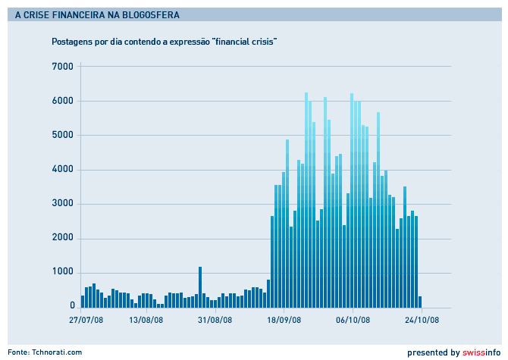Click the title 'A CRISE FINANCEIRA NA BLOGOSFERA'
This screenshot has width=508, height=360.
coord(98,14)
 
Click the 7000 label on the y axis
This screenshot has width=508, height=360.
coord(61,67)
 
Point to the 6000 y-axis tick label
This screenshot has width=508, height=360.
coord(61,101)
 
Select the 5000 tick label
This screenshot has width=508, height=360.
coord(61,135)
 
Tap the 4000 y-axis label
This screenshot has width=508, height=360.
coord(61,170)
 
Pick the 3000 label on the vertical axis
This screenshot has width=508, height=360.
coord(61,204)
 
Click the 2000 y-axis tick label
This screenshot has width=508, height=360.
coord(61,238)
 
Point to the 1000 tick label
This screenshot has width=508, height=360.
coord(61,272)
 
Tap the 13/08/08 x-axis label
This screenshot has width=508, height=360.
coord(146,320)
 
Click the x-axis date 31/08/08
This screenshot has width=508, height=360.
coord(215,320)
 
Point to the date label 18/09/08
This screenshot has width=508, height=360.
coord(284,320)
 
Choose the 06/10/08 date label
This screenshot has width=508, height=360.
coord(353,320)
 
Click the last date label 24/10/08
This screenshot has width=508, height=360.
coord(421,320)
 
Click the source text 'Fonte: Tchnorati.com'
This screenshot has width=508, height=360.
coord(45,352)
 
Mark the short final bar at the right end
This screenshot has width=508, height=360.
coord(420,301)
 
